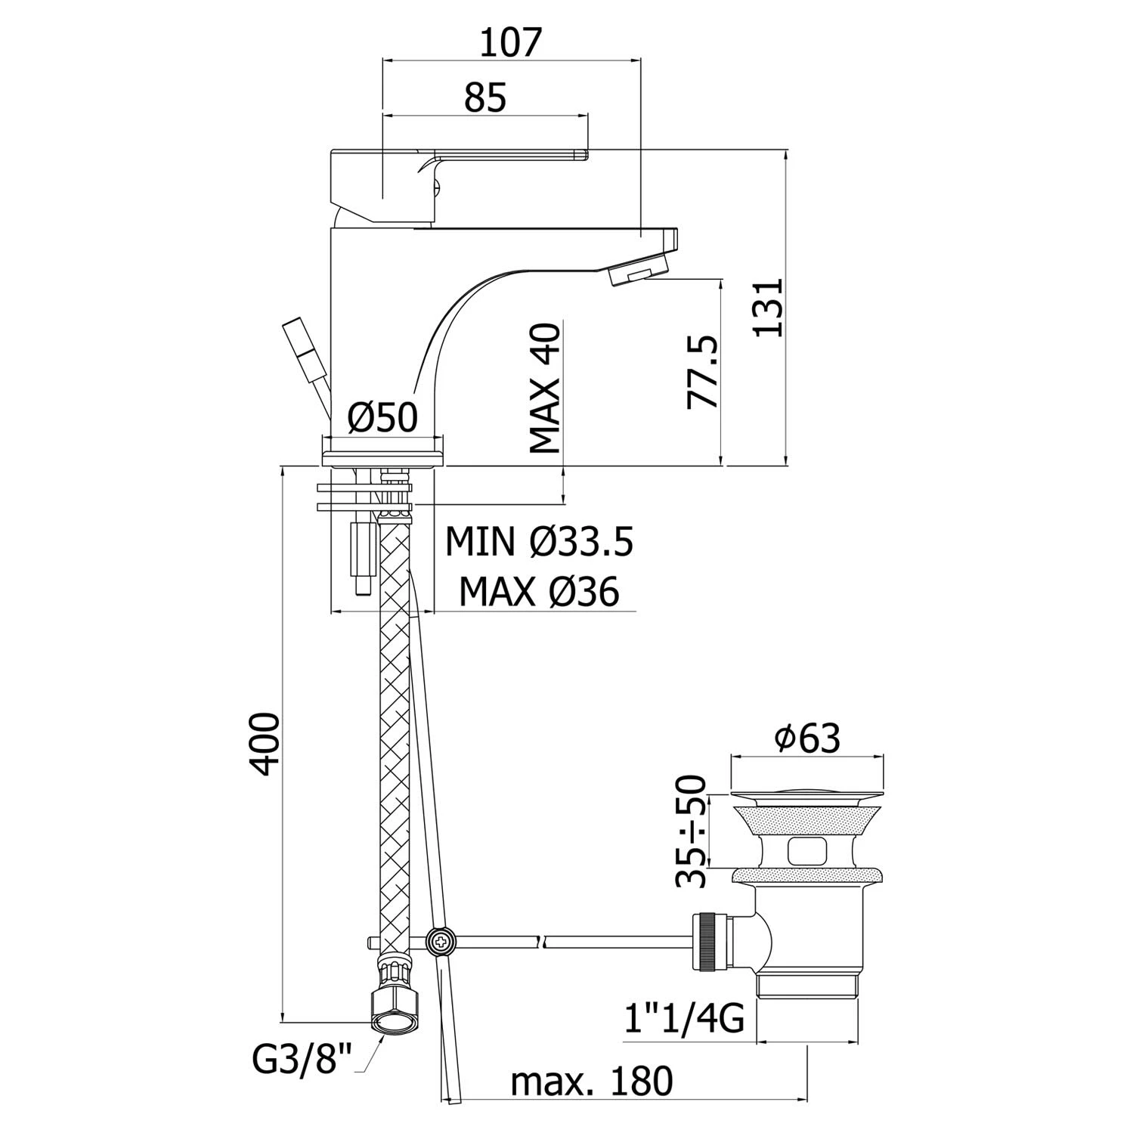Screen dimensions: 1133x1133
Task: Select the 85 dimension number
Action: tap(484, 98)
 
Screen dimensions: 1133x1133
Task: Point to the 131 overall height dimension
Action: tap(769, 308)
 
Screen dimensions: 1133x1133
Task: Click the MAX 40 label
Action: tap(545, 389)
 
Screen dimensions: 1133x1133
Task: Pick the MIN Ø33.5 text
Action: tap(539, 542)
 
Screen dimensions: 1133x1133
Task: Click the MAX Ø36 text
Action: tap(539, 592)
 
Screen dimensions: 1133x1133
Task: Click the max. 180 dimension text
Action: tap(591, 1081)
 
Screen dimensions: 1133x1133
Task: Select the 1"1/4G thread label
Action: tap(685, 1018)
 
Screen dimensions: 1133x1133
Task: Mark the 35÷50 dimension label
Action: tap(691, 831)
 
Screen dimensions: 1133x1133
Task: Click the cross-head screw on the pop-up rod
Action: tap(439, 941)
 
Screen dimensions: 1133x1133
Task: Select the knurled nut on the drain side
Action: tap(708, 942)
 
